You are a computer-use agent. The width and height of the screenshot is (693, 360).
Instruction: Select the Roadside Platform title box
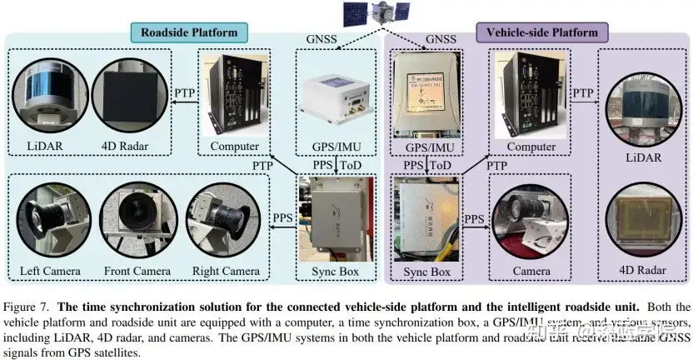[x=189, y=33]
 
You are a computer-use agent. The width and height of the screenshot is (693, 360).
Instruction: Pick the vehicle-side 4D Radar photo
[x=645, y=226]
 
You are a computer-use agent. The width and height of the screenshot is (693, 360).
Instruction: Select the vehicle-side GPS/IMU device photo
[x=427, y=94]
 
